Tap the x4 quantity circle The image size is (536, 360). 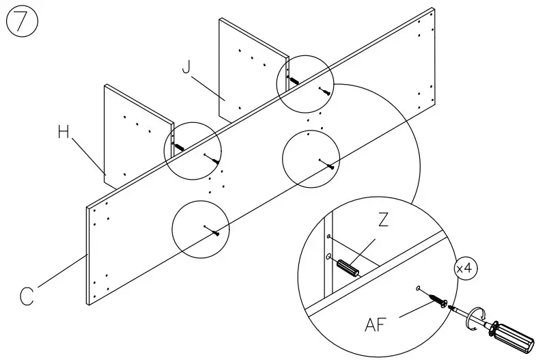(466, 268)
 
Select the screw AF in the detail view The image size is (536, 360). (434, 299)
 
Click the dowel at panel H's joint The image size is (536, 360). (180, 146)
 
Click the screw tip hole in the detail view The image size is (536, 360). (417, 289)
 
